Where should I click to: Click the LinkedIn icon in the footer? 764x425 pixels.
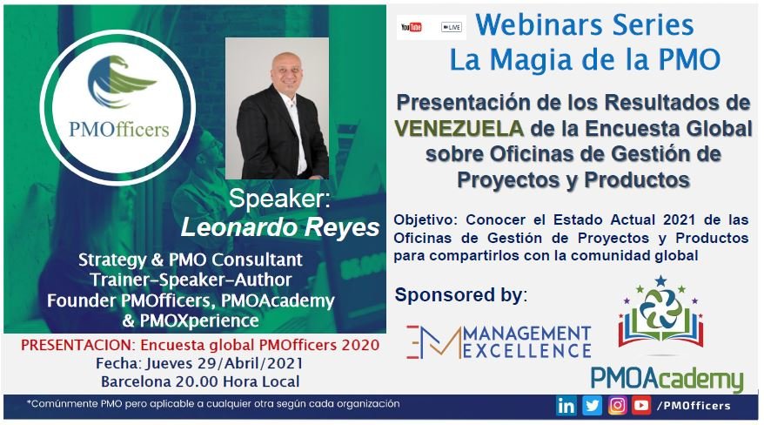point(566,406)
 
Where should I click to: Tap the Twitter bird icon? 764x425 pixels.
point(592,406)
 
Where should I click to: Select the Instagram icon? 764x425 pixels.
point(617,406)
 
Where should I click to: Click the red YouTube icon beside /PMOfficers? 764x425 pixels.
point(641,406)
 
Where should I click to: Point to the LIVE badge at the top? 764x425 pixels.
point(452,27)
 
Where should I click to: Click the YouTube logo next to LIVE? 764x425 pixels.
point(412,27)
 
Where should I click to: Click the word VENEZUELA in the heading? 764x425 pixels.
point(459,128)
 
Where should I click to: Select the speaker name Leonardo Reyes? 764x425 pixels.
point(280,227)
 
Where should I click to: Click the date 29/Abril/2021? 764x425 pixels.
point(251,363)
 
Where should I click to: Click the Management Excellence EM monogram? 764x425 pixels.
point(433,342)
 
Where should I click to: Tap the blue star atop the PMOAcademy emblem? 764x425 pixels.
point(660,280)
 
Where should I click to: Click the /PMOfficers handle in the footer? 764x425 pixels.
point(694,406)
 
